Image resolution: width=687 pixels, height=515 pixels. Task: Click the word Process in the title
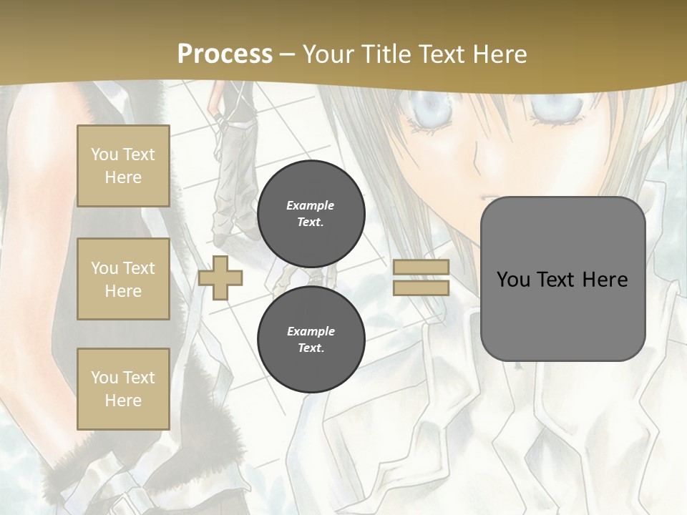tap(225, 54)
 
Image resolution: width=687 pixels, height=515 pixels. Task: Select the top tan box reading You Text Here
tap(123, 166)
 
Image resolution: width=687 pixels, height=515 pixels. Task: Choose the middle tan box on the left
tap(123, 279)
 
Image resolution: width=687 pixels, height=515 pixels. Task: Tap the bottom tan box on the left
tap(123, 389)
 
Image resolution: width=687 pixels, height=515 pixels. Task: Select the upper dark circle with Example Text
tap(311, 213)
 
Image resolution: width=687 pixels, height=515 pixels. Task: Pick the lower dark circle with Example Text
tap(311, 339)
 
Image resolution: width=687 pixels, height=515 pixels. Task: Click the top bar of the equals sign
tap(421, 268)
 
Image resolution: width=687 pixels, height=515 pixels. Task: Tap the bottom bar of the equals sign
tap(421, 288)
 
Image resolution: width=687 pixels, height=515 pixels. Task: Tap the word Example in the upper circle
tap(311, 205)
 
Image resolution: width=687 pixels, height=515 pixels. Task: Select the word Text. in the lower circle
tap(311, 348)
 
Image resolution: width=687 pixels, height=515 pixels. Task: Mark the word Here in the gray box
tap(605, 280)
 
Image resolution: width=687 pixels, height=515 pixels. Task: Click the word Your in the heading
tap(329, 54)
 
